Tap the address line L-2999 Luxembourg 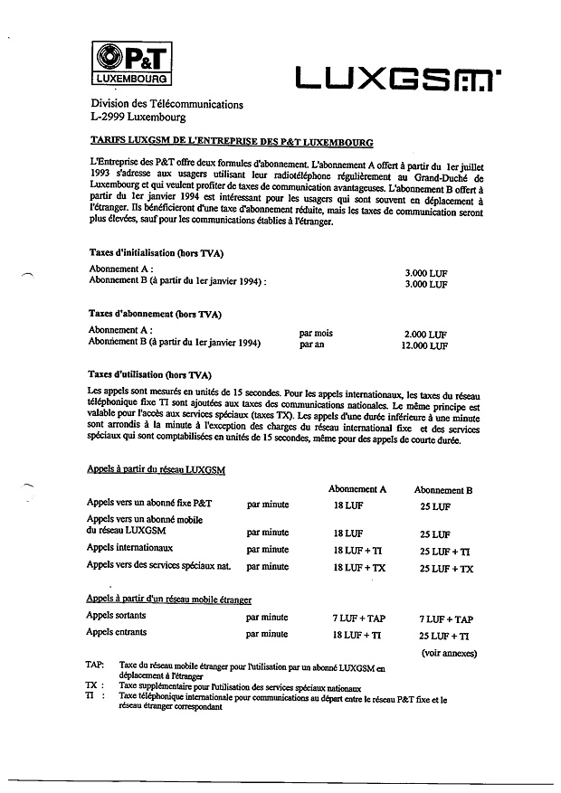click(138, 118)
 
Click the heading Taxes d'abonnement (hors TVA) click(155, 314)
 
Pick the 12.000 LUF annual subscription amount click(425, 345)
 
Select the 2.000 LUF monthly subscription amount click(425, 334)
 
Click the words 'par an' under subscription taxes click(312, 345)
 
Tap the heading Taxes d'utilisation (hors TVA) click(149, 374)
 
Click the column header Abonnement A click(357, 489)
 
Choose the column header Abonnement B click(442, 489)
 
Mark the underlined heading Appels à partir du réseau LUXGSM click(155, 469)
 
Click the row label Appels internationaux click(129, 548)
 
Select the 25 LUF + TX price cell click(446, 569)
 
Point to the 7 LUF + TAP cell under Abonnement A click(357, 619)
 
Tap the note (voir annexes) click(449, 653)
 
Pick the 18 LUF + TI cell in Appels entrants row click(356, 636)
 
